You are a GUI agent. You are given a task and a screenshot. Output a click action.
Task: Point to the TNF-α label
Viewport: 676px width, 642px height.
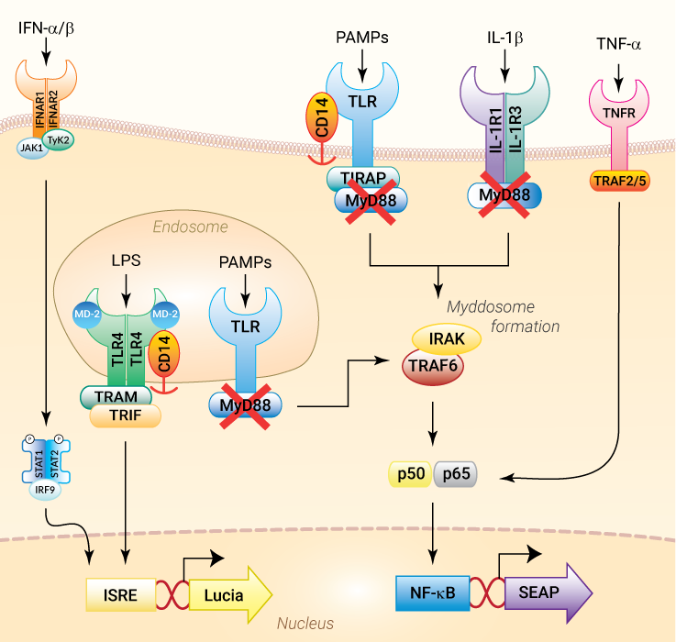tap(621, 44)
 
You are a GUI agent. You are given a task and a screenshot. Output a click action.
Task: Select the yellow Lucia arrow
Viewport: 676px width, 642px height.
tap(230, 594)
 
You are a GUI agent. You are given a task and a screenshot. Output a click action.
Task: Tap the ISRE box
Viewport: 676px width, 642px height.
tap(121, 594)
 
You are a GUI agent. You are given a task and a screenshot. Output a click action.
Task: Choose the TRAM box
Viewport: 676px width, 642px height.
tap(120, 396)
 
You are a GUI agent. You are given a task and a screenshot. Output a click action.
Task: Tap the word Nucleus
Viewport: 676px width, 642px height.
tap(305, 624)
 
